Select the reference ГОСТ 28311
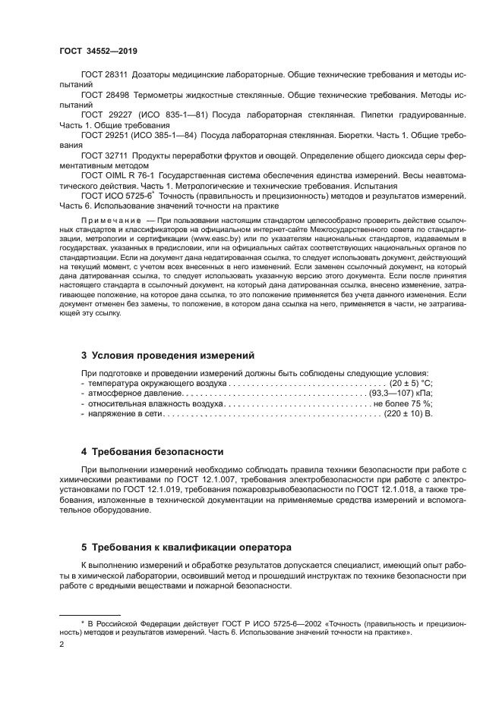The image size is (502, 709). pos(105,77)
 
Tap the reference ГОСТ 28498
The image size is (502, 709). pos(105,97)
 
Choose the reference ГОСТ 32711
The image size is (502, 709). pos(105,155)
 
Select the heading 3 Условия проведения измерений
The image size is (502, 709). pos(168,355)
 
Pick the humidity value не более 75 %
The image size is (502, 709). pos(403,404)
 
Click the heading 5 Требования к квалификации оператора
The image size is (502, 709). pos(186,547)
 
